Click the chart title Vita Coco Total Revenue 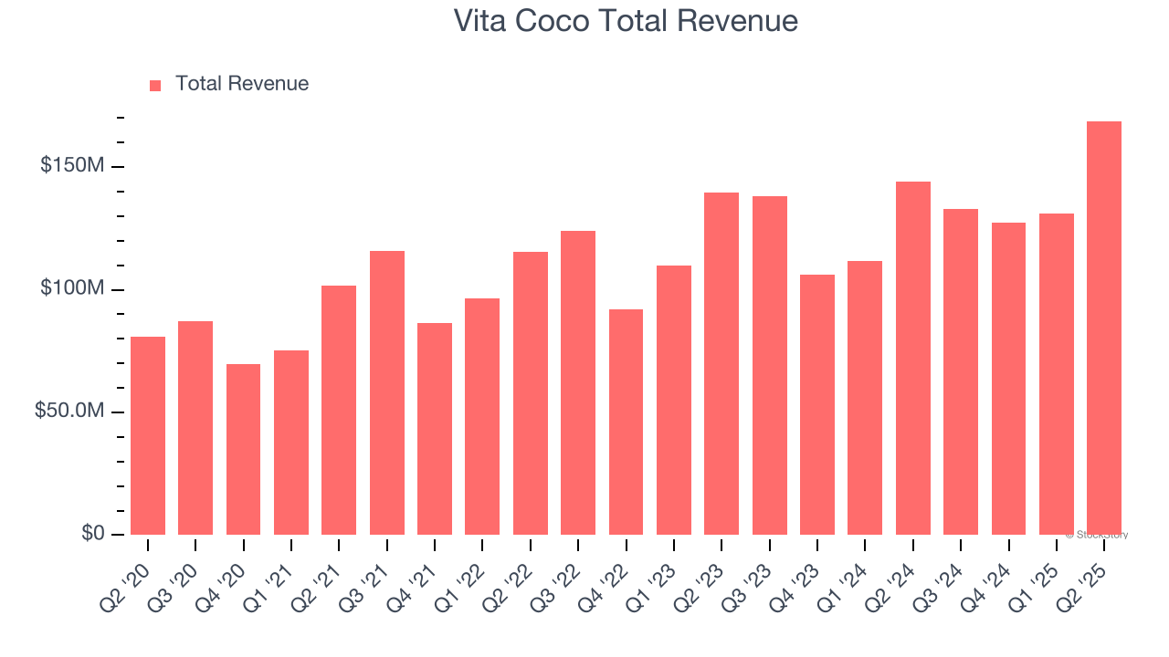[x=626, y=21]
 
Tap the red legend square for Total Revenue [x=155, y=85]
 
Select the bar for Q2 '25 [x=1104, y=328]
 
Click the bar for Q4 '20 [x=243, y=449]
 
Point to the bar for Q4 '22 [x=626, y=422]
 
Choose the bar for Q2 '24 [x=913, y=358]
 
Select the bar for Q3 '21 [x=387, y=392]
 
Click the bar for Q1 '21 [x=291, y=443]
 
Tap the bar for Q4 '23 [x=817, y=404]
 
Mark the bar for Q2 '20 [x=148, y=435]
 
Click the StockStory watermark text [x=1097, y=535]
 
